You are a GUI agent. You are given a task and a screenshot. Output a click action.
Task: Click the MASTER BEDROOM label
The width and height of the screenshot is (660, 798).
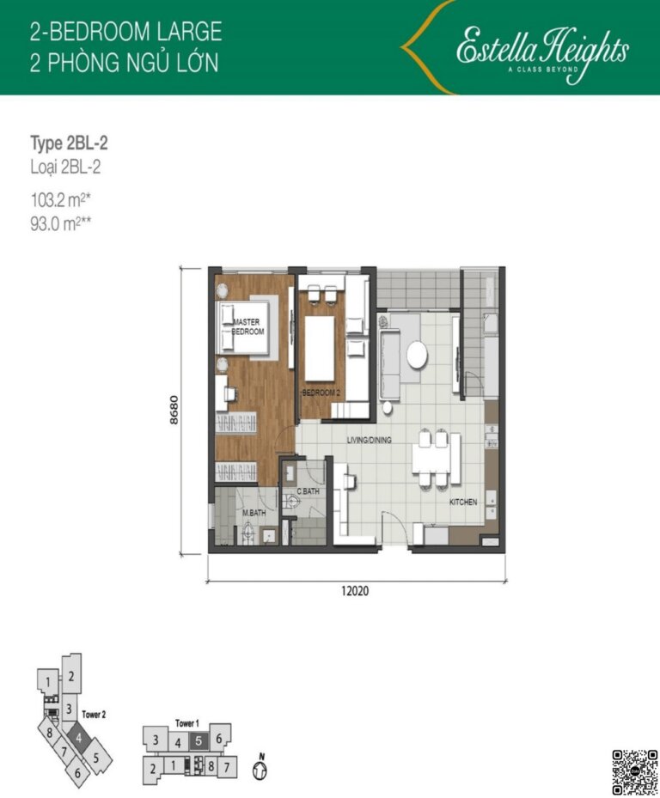click(x=248, y=326)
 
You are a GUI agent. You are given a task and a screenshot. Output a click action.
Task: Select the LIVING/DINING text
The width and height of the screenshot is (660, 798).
click(x=369, y=440)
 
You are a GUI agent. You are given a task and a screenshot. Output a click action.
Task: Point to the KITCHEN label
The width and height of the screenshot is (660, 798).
click(x=462, y=502)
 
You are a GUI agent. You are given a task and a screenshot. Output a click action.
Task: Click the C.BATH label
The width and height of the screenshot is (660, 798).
click(x=308, y=492)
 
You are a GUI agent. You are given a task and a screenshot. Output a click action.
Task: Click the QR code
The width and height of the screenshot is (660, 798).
click(x=633, y=771)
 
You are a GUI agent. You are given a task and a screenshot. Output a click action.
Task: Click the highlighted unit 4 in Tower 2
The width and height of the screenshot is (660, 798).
click(x=78, y=737)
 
